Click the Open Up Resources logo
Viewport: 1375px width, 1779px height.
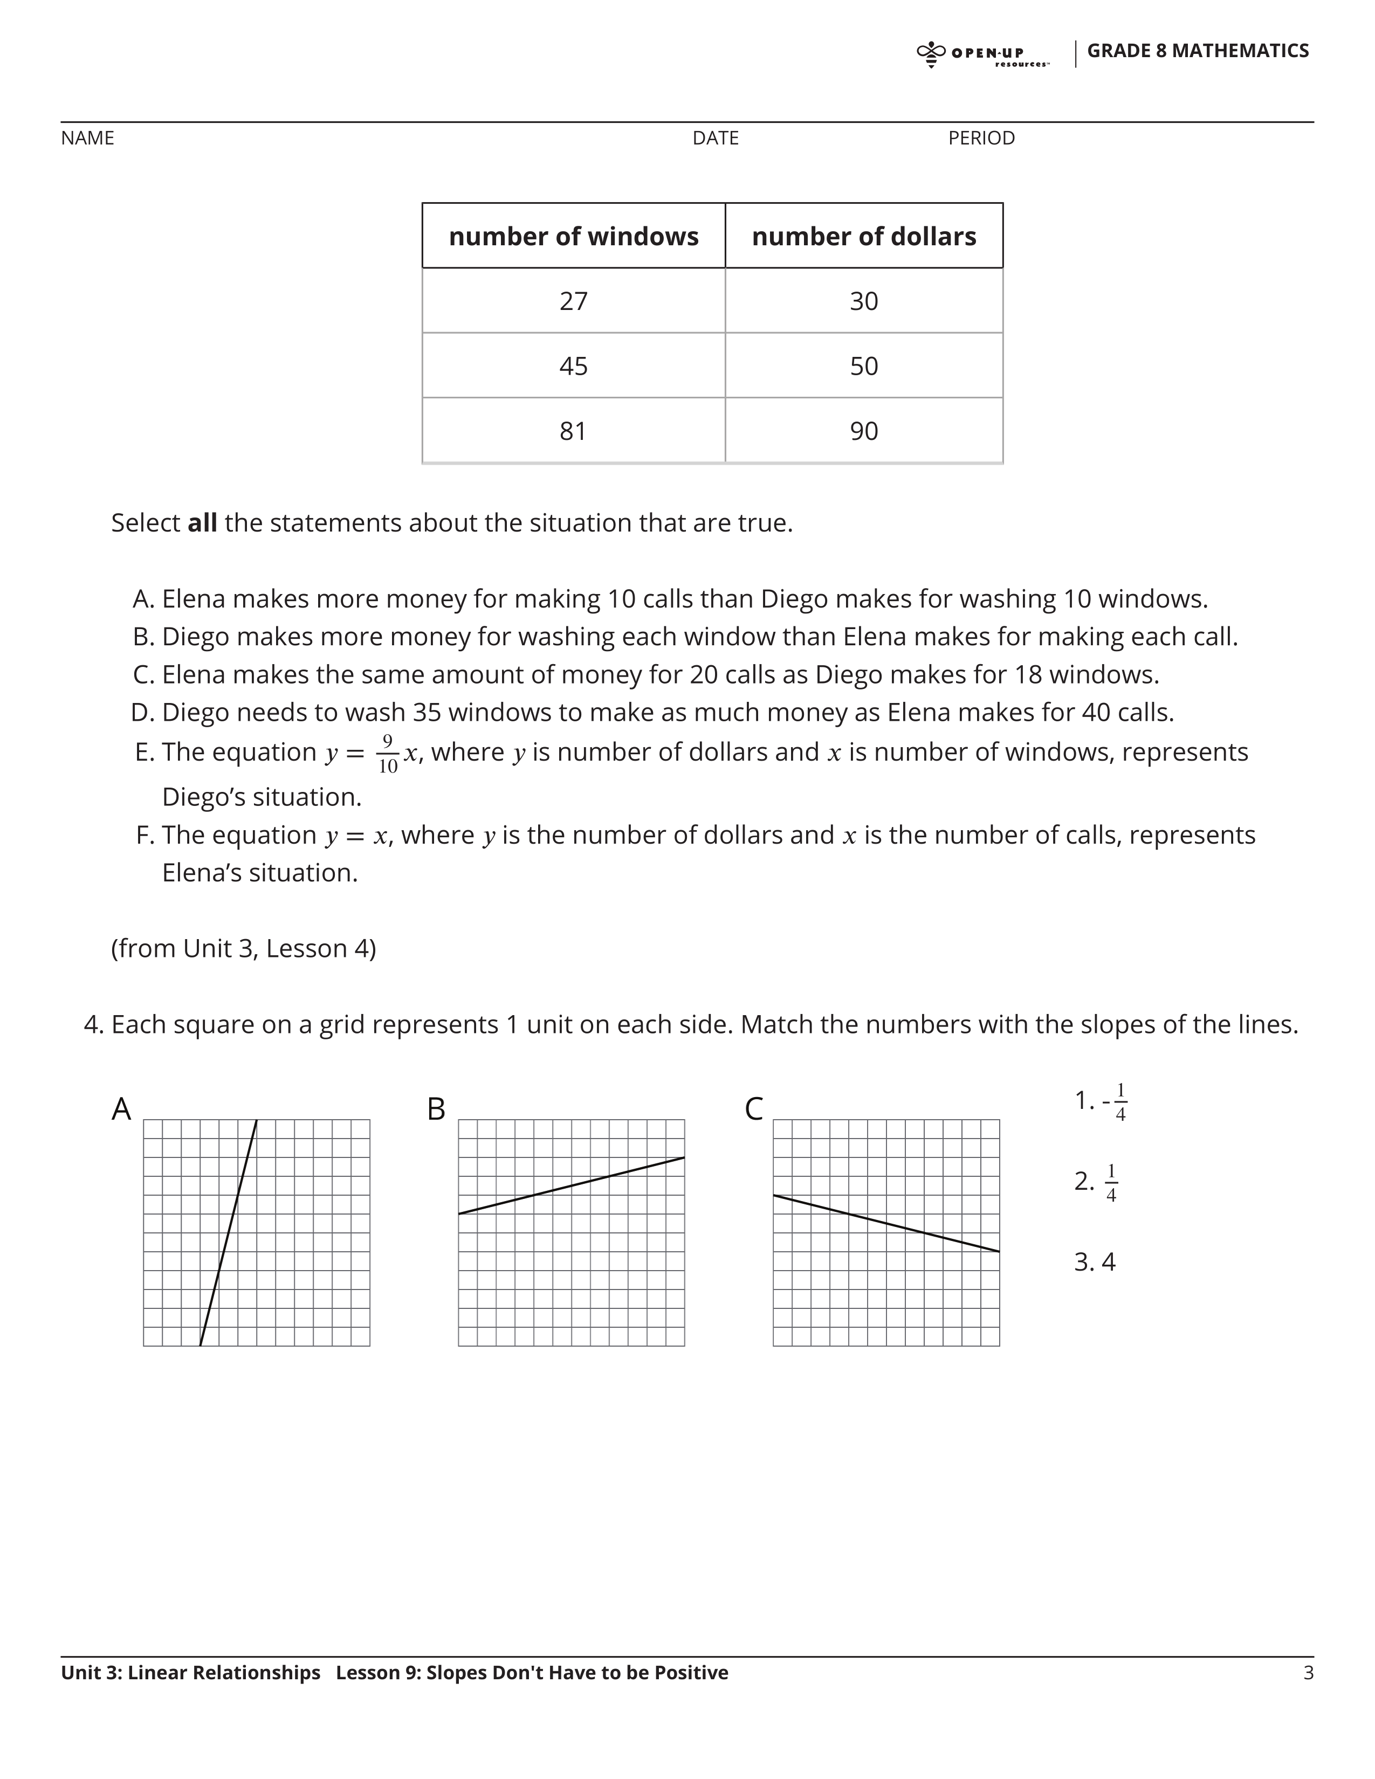(x=982, y=54)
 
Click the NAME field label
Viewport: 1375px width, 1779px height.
(x=87, y=139)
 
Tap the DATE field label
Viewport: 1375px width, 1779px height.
(x=715, y=139)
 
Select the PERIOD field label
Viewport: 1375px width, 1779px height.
(x=981, y=139)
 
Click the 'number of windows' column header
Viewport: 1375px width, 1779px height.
(x=574, y=236)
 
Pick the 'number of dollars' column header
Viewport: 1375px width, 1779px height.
(x=863, y=236)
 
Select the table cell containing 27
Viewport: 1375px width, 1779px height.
(x=574, y=301)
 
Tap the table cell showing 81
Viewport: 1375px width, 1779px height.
(x=574, y=431)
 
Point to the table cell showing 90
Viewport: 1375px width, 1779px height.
(x=863, y=431)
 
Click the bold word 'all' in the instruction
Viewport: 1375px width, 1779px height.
(x=202, y=523)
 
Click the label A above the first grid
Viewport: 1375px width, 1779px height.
(x=121, y=1109)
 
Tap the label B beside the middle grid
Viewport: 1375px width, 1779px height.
(x=437, y=1109)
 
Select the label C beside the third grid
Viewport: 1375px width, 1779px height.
(x=753, y=1109)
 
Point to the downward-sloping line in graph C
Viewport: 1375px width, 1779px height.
(x=886, y=1224)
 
